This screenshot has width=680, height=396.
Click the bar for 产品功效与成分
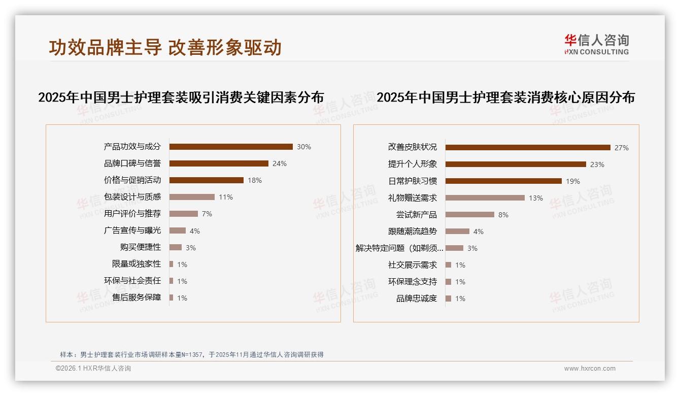pos(231,147)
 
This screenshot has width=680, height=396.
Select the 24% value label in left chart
pos(280,163)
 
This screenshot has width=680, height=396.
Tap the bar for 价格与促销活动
pos(207,180)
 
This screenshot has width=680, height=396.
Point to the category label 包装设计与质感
pos(132,197)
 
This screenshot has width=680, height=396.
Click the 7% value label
pos(207,214)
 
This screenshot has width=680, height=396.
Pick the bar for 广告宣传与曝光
pos(178,230)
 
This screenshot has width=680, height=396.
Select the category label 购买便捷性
pos(141,247)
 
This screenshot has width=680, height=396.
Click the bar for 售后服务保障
pos(172,298)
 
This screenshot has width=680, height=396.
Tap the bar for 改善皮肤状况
pos(528,148)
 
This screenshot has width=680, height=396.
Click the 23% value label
pos(597,164)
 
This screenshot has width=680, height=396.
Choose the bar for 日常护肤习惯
pos(503,181)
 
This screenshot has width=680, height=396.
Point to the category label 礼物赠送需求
pos(413,198)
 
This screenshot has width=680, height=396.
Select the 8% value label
pos(503,215)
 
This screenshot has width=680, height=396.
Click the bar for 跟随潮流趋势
pos(457,232)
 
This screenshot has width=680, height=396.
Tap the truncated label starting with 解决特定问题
pos(400,248)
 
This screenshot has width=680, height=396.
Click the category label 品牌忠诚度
pos(417,299)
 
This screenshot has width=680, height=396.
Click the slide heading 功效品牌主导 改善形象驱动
pos(165,47)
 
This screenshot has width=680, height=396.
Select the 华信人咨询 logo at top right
pos(596,44)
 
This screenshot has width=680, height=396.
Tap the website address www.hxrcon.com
pos(590,369)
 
